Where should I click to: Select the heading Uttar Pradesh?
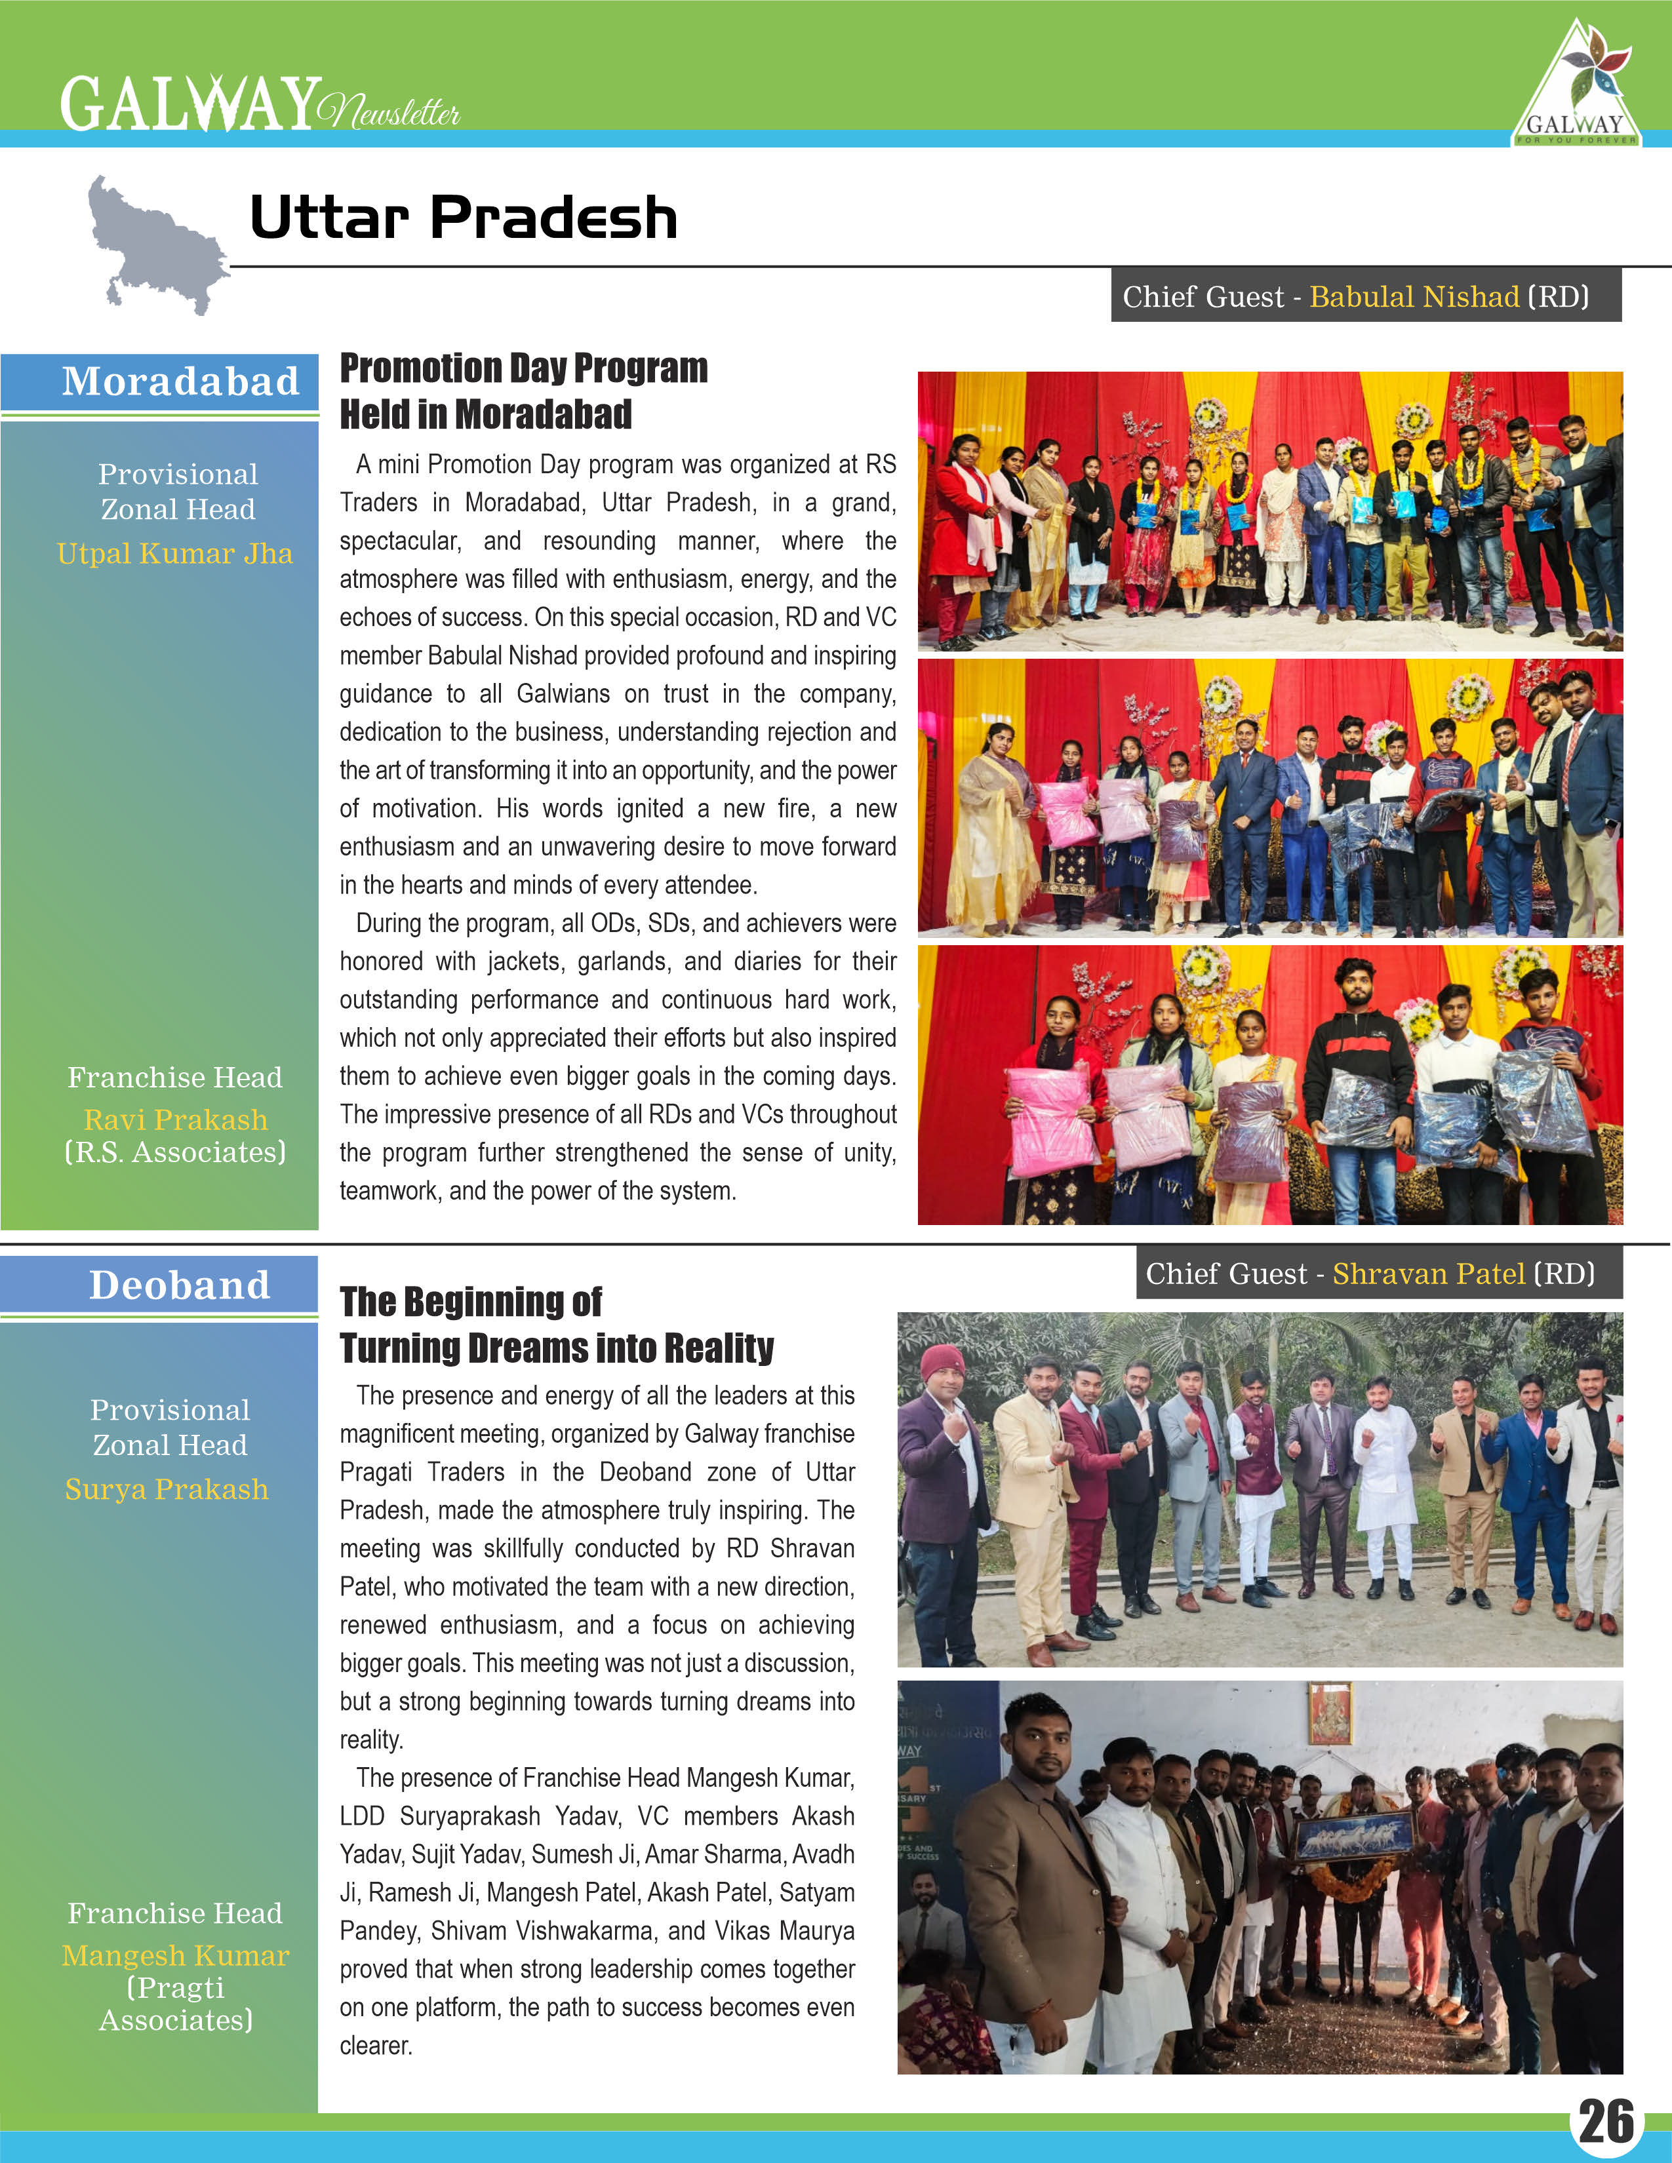[464, 218]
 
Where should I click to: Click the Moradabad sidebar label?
[180, 381]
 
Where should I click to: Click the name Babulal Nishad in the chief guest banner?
[1414, 296]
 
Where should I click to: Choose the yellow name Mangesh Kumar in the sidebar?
[175, 1955]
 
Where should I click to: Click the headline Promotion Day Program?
[523, 368]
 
